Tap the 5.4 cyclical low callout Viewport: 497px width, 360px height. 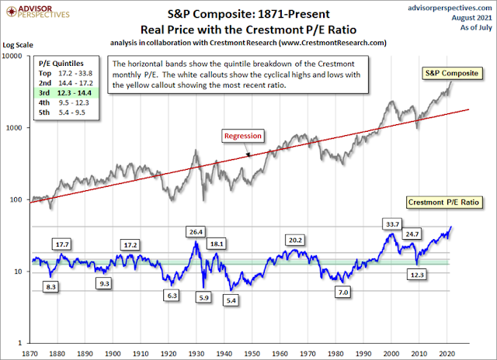point(231,299)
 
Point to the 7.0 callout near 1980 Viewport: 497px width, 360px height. point(342,292)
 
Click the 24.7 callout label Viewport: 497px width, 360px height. point(412,233)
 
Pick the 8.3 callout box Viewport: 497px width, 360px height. point(50,286)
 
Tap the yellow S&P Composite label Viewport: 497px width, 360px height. point(450,73)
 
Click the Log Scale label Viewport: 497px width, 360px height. point(19,47)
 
